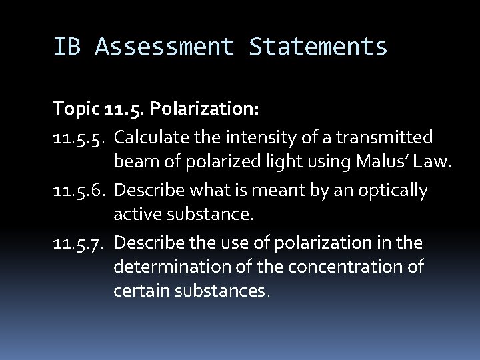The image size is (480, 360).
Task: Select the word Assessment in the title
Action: tap(165, 47)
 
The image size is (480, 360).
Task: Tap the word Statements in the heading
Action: tap(319, 47)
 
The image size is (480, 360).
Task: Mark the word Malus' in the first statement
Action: tap(377, 161)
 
